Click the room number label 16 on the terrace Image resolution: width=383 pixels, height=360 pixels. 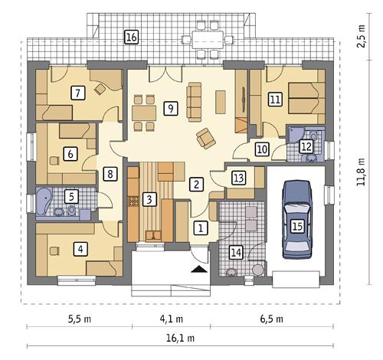point(132,36)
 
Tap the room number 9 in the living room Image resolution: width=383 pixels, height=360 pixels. point(170,108)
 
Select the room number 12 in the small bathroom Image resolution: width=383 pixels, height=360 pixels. point(306,146)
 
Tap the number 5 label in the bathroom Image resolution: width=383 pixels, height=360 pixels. point(70,196)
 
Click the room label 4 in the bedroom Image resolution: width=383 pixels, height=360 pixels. point(79,248)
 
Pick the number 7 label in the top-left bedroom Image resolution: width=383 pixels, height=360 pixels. point(77,93)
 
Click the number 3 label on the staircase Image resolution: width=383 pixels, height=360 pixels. point(150,200)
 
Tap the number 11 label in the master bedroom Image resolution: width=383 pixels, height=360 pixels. point(274,98)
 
